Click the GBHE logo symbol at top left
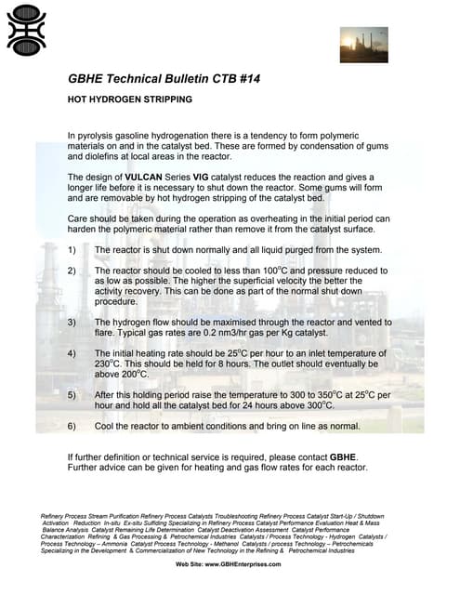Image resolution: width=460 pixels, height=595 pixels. [26, 30]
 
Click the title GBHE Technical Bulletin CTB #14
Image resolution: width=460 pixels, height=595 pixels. [165, 80]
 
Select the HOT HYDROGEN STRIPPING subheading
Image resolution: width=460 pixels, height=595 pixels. [130, 99]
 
